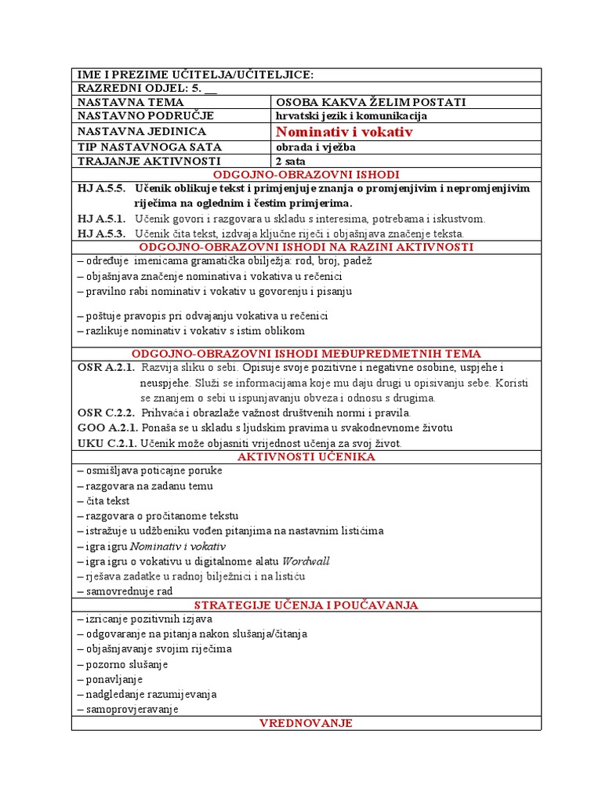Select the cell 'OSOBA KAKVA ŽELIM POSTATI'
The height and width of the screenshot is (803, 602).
pyautogui.click(x=371, y=102)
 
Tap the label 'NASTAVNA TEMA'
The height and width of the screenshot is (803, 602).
pyautogui.click(x=130, y=102)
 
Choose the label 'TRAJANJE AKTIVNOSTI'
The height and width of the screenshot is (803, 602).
pyautogui.click(x=149, y=161)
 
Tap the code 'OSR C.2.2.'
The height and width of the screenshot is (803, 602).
pyautogui.click(x=106, y=412)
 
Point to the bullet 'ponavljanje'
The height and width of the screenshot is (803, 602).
pyautogui.click(x=111, y=679)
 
